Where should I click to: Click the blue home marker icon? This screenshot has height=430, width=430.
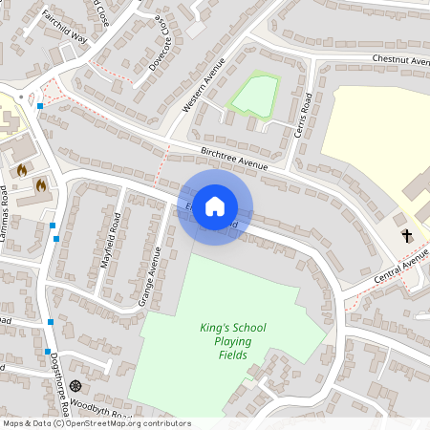point(215,206)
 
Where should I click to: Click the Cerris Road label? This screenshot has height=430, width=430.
point(306,114)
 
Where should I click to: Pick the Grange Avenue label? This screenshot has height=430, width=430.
point(150,276)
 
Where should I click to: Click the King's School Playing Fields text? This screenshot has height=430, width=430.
point(232,341)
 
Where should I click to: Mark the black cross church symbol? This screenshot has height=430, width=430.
point(405,235)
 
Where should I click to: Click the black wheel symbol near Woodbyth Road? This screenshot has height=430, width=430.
point(75,386)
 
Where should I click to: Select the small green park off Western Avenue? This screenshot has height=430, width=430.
point(255,96)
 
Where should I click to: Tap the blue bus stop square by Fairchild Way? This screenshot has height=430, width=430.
point(39,105)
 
